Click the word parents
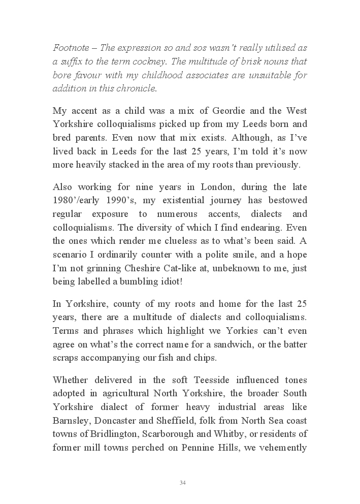(x=103, y=138)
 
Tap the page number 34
(x=182, y=482)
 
